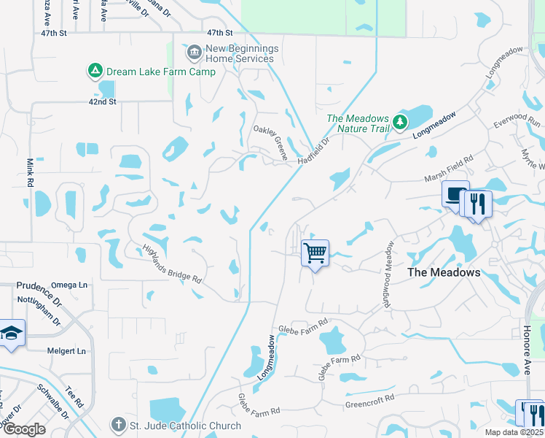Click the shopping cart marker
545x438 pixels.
(x=315, y=254)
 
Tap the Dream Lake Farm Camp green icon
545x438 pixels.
(x=95, y=71)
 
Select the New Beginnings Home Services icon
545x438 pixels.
(x=194, y=52)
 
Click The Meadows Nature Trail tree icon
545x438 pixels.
(x=399, y=122)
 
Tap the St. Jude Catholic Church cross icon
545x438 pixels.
(x=119, y=425)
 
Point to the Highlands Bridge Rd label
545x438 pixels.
(x=171, y=263)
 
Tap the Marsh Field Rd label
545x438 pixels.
(x=450, y=169)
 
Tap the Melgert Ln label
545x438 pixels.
(x=66, y=351)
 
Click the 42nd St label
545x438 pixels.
(x=103, y=101)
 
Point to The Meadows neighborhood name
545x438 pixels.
(x=444, y=272)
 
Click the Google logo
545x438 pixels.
(x=23, y=429)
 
